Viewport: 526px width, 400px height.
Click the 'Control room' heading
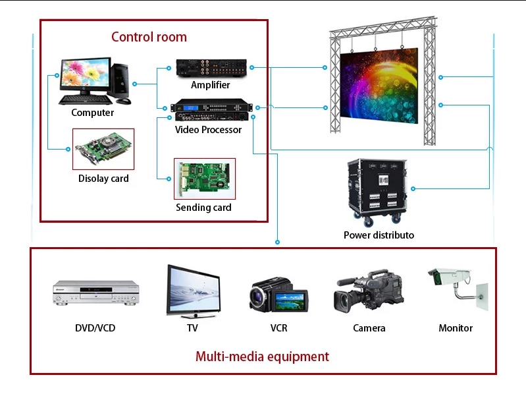(x=149, y=37)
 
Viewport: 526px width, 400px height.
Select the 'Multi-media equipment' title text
(x=262, y=357)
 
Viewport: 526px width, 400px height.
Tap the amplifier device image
(x=211, y=67)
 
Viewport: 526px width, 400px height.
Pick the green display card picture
(x=103, y=150)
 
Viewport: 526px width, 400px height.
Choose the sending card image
(x=204, y=179)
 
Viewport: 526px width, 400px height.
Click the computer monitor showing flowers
(x=86, y=77)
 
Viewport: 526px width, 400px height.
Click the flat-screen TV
(x=192, y=291)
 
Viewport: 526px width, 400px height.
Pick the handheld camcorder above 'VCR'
(x=278, y=295)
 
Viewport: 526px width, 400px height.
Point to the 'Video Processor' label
(x=208, y=130)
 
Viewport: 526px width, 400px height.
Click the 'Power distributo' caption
(x=379, y=235)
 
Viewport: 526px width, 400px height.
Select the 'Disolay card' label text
(x=103, y=179)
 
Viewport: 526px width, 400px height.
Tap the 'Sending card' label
(x=203, y=208)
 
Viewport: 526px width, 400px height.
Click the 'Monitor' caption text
(x=456, y=328)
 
